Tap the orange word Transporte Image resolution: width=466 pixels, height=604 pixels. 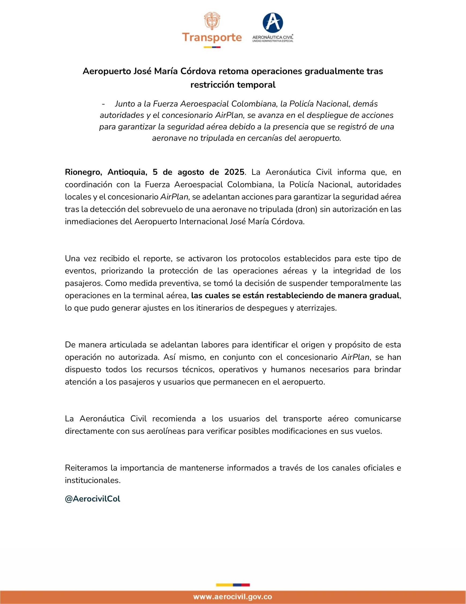coord(212,37)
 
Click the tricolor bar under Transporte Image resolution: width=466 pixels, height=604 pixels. coord(212,47)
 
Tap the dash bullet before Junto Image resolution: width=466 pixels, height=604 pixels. coord(103,104)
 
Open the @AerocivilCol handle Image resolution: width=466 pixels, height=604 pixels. coord(93,499)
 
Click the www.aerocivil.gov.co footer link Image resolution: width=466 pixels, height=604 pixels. coord(232,597)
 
